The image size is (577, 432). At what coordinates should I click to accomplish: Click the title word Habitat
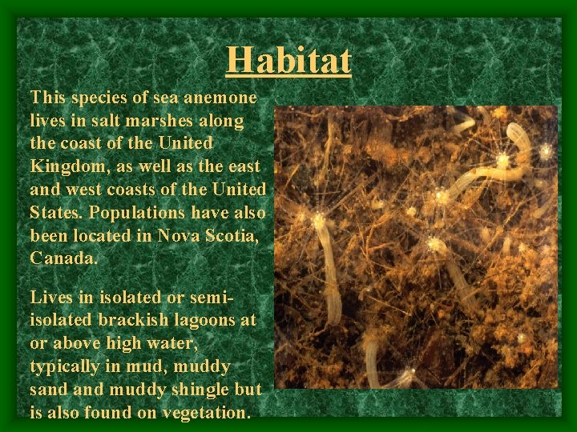click(x=288, y=59)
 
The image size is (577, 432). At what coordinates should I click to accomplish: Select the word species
click(x=98, y=98)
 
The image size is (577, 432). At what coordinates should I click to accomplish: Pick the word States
click(x=56, y=213)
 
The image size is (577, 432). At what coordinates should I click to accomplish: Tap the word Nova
click(x=181, y=236)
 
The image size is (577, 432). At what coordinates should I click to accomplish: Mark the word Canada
click(x=64, y=259)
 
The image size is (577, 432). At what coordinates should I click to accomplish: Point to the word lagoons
click(x=188, y=320)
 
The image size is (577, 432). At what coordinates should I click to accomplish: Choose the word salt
click(x=90, y=121)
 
